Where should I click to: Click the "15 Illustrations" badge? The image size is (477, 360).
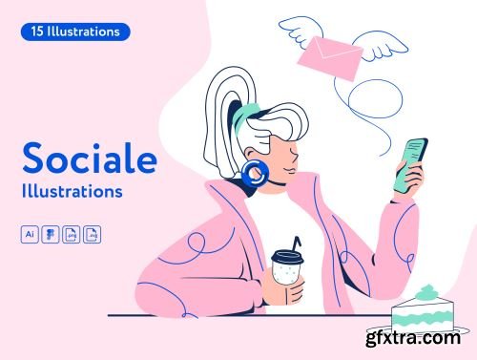click(74, 32)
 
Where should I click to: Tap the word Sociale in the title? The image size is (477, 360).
click(86, 159)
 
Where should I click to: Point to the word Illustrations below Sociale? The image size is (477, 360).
click(72, 191)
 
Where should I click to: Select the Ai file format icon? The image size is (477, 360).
click(30, 234)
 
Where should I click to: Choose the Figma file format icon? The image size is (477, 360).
click(50, 234)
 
